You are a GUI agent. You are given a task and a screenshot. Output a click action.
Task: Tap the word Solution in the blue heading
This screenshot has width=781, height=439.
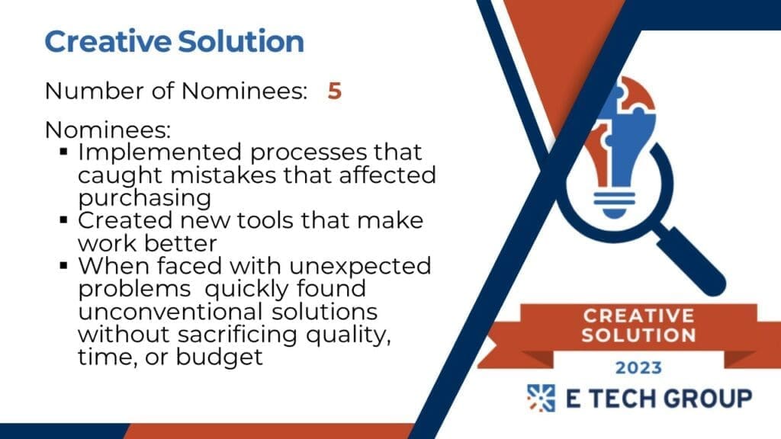[x=241, y=41]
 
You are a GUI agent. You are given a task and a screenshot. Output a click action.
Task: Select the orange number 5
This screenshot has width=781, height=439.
[x=335, y=91]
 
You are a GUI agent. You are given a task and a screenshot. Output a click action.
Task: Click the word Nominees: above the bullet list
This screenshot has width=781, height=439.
[x=108, y=130]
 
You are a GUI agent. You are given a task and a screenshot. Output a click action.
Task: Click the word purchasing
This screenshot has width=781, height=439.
[x=144, y=198]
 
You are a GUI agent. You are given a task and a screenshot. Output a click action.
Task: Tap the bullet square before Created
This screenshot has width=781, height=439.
[x=63, y=219]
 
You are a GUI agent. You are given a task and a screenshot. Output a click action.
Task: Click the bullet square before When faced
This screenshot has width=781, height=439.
[x=63, y=265]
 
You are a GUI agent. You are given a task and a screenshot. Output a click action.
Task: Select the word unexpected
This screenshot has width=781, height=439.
[x=360, y=266]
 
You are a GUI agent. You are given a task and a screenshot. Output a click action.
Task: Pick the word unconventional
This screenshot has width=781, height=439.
[x=170, y=312]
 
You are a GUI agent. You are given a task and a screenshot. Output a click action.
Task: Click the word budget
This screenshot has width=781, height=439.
[x=219, y=357]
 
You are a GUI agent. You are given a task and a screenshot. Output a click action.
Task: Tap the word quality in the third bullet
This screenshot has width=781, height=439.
[x=348, y=335]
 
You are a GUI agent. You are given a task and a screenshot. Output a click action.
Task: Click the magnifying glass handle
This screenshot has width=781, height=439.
[x=689, y=261]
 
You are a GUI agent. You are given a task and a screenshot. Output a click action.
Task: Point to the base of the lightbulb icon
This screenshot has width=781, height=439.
[x=615, y=204]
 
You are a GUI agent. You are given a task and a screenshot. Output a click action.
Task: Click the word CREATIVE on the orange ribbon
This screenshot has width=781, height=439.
[x=638, y=316]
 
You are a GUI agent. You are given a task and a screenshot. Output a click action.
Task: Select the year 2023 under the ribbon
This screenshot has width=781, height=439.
[x=638, y=368]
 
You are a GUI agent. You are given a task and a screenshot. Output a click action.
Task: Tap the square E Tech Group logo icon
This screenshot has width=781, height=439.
[x=541, y=398]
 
